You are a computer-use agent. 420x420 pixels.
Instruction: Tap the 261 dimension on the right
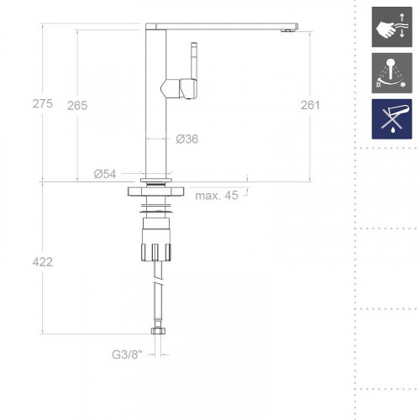(310, 104)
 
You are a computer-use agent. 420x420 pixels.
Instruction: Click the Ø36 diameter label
(187, 139)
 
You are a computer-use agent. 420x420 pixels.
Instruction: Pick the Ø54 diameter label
(104, 174)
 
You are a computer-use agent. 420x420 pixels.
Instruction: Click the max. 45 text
(216, 197)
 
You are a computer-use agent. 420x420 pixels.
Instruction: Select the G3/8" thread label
(128, 355)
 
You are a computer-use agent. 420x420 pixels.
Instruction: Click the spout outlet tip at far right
(288, 27)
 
